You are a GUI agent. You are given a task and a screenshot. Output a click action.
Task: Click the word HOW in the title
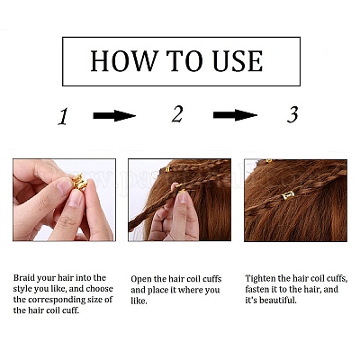[124, 61]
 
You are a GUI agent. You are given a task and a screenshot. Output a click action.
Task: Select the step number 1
[63, 117]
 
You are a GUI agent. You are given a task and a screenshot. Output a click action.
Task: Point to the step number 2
[177, 114]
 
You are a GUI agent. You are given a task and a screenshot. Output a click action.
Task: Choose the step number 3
[292, 114]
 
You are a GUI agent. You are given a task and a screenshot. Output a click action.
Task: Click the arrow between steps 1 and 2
[114, 116]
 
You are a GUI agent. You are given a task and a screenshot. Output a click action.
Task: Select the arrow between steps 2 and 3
[235, 115]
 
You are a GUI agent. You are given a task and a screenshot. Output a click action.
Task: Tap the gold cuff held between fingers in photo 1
[79, 182]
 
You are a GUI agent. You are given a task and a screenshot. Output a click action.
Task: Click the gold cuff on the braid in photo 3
[288, 196]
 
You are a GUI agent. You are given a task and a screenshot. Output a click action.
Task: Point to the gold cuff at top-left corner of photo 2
[167, 169]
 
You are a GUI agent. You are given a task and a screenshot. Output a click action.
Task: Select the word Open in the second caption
[141, 280]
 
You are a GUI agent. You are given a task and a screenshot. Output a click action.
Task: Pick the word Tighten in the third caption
[260, 278]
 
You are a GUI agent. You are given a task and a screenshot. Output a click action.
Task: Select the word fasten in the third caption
[257, 289]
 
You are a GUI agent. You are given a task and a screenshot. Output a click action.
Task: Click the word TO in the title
[185, 61]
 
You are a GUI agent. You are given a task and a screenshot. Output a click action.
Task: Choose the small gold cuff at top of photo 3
[269, 161]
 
